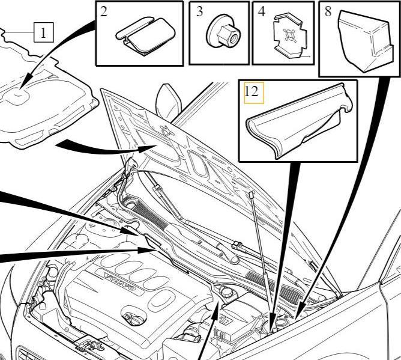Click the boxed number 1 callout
tap(44, 32)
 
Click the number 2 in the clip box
tap(103, 11)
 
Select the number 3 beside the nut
tap(199, 11)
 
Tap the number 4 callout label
tap(262, 11)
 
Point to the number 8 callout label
tap(328, 11)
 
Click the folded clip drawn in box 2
tap(145, 35)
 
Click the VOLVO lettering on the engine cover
tap(119, 282)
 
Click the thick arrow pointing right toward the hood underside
tap(106, 148)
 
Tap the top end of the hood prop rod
tap(252, 193)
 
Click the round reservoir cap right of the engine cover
tap(226, 291)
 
